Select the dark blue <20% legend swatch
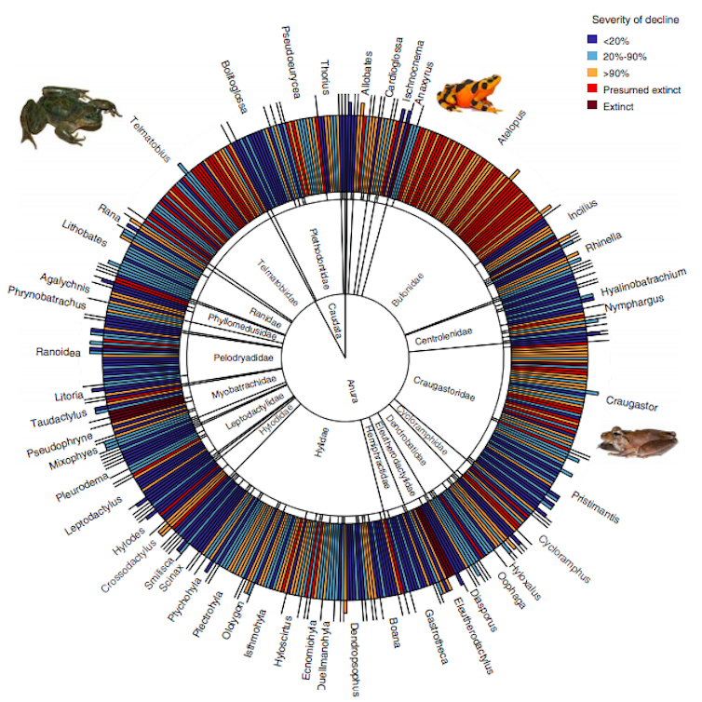pos(592,40)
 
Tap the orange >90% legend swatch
pos(592,74)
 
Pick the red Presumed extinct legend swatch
pos(592,90)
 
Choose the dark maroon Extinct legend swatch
pos(592,107)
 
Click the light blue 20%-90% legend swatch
pos(592,57)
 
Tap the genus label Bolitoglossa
pos(235,87)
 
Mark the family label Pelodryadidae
pos(242,357)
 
